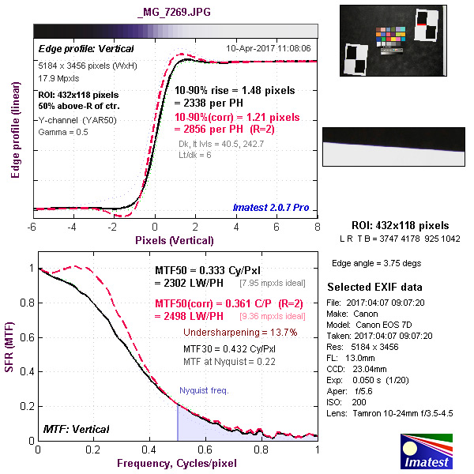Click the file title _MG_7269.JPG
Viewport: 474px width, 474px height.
coord(174,13)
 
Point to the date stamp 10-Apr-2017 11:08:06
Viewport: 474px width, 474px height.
coord(269,48)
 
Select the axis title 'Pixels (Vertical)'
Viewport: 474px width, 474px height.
coord(174,239)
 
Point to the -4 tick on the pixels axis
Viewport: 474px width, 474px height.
coord(73,227)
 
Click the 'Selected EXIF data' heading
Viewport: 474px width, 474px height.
coord(374,287)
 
